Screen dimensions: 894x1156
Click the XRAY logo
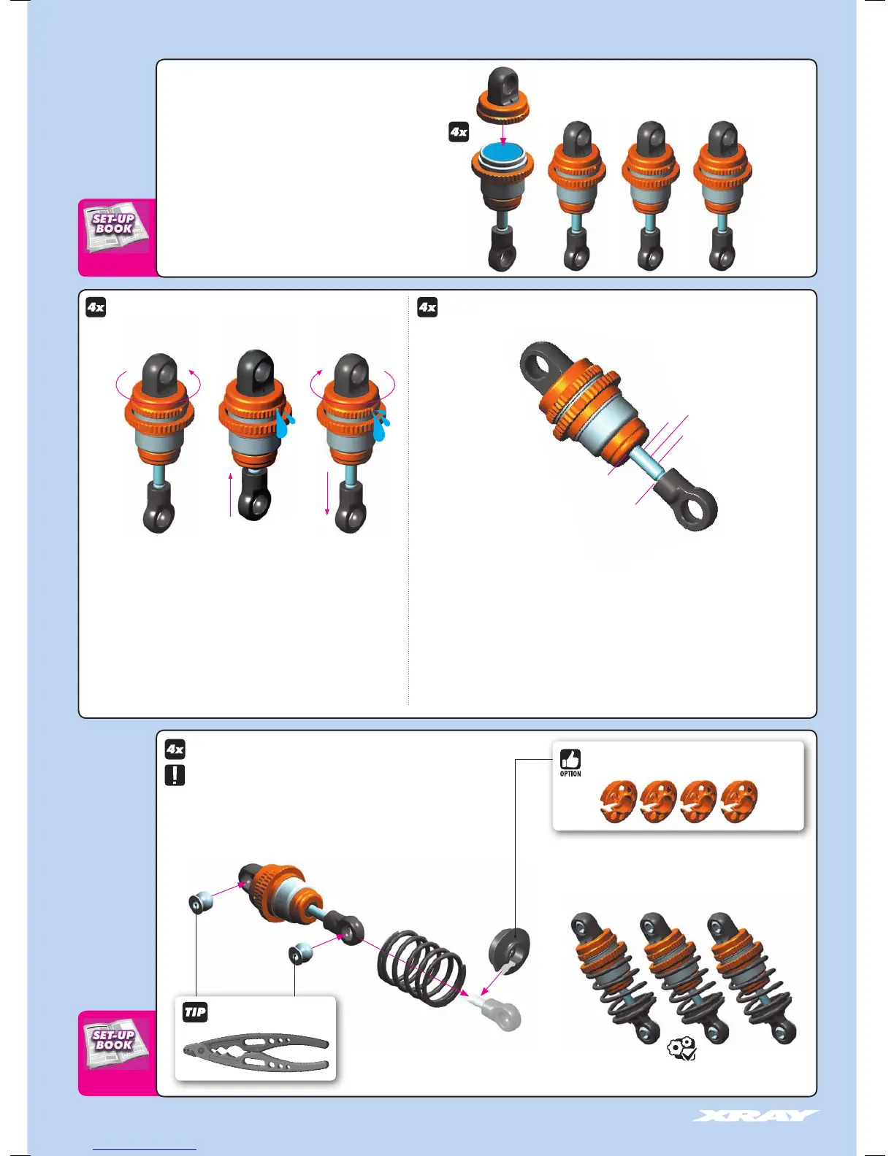pos(756,1116)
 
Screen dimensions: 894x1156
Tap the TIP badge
pos(195,1012)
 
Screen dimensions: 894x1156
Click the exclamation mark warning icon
pos(175,775)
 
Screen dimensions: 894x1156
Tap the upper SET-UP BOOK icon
pos(115,226)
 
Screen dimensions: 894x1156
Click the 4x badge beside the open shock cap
pos(459,132)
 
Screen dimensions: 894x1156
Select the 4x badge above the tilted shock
pos(427,307)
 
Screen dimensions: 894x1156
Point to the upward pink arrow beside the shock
pos(231,493)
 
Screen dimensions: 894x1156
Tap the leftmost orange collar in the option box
pos(618,802)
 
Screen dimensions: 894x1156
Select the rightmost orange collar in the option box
pos(738,802)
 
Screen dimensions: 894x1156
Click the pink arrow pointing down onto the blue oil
pos(503,133)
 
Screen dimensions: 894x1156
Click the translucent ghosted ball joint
pos(504,1014)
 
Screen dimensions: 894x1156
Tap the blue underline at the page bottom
pos(145,1150)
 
